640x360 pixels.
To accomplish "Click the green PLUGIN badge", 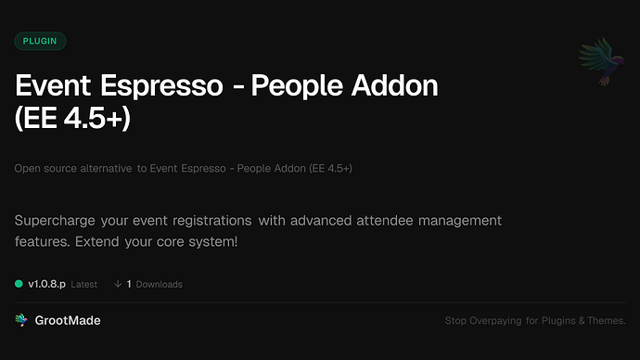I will [40, 41].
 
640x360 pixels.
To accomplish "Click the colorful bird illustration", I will [598, 62].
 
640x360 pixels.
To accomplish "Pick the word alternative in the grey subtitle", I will [105, 169].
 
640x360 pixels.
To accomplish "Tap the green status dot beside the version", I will [19, 284].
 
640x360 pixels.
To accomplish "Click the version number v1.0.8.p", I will [46, 284].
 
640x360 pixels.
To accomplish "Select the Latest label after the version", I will [83, 284].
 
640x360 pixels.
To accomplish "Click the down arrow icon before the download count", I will [118, 284].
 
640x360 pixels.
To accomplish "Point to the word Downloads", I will [159, 284].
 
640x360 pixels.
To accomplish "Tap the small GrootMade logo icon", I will [21, 320].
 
